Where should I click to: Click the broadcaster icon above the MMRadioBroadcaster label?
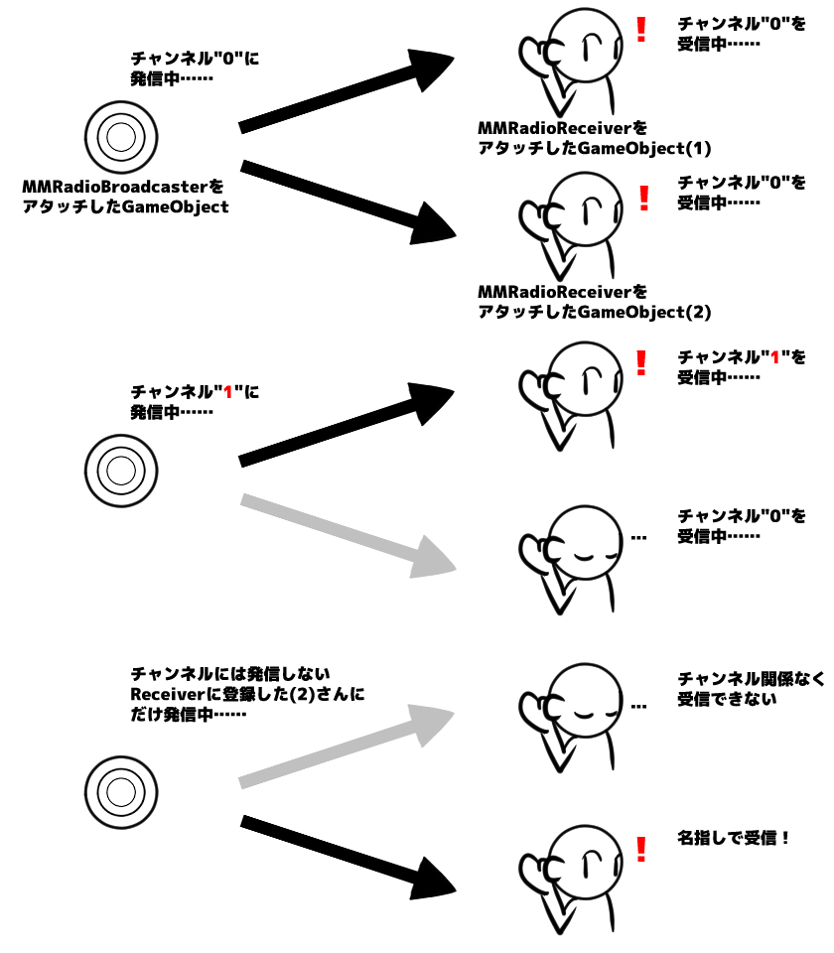120,136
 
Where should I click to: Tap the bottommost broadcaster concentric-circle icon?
120,791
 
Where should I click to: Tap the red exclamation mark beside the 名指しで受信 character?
640,849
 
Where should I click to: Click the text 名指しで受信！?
735,838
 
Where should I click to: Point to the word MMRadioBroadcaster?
115,187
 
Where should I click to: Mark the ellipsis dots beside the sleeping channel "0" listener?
638,539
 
